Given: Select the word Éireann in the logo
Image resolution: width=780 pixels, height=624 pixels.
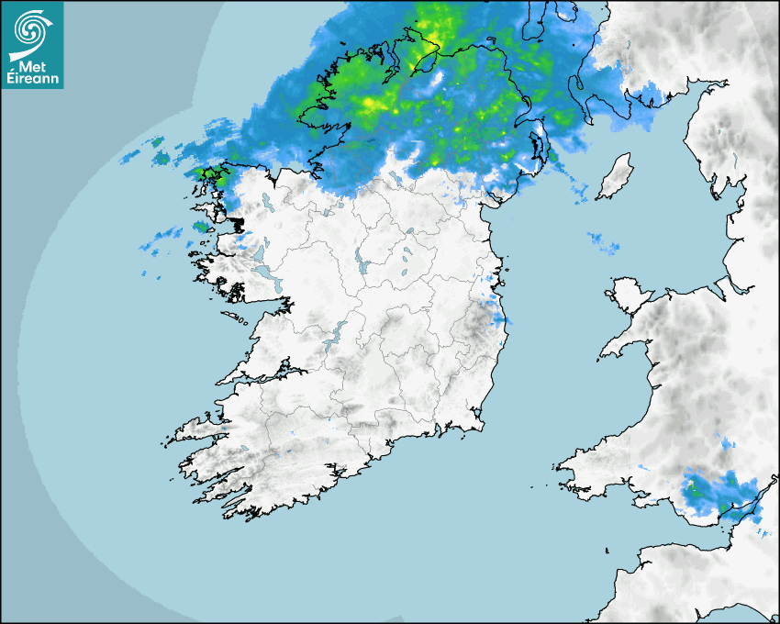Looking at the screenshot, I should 32,80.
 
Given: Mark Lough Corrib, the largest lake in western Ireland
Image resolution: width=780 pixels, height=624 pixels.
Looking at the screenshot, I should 266,274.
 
